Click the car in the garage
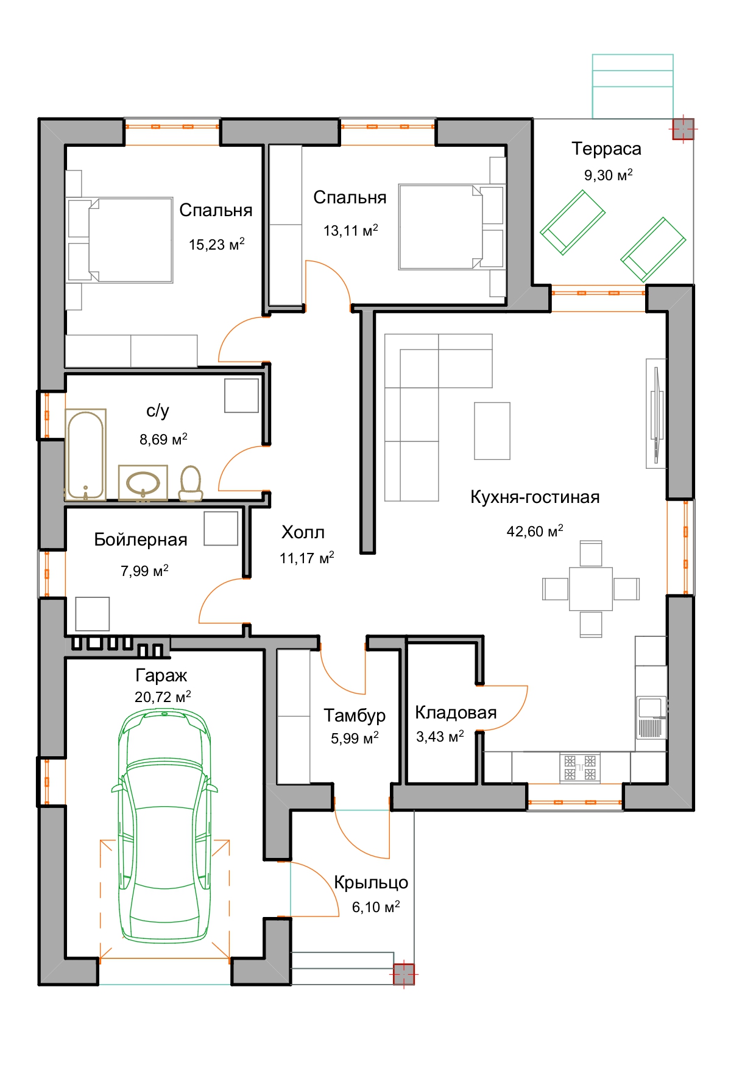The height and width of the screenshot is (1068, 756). (x=164, y=826)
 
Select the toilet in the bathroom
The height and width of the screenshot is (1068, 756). (x=191, y=483)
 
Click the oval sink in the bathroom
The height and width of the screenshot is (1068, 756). (x=143, y=483)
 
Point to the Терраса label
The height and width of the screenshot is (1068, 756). (x=606, y=149)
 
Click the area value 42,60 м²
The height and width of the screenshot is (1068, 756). (x=535, y=531)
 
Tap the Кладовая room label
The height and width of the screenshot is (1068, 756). (x=456, y=712)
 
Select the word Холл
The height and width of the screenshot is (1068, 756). (x=303, y=532)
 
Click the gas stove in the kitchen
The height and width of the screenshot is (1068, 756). (x=580, y=767)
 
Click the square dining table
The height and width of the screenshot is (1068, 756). (x=591, y=589)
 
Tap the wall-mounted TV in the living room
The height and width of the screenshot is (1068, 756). (x=656, y=413)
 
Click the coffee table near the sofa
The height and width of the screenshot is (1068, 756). (x=492, y=431)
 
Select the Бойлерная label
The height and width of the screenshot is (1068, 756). (x=141, y=540)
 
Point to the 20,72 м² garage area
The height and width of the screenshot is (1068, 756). (x=163, y=697)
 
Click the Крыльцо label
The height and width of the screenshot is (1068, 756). (x=371, y=883)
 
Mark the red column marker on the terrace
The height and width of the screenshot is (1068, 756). (x=683, y=129)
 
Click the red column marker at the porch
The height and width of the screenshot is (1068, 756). (x=403, y=974)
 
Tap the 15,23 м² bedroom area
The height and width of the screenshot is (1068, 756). (x=216, y=244)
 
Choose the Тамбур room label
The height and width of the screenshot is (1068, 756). (x=355, y=715)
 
